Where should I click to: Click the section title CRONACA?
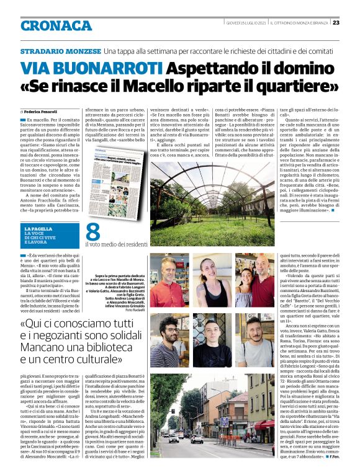click(x=56, y=25)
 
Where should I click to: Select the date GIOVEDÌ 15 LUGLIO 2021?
click(x=246, y=23)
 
